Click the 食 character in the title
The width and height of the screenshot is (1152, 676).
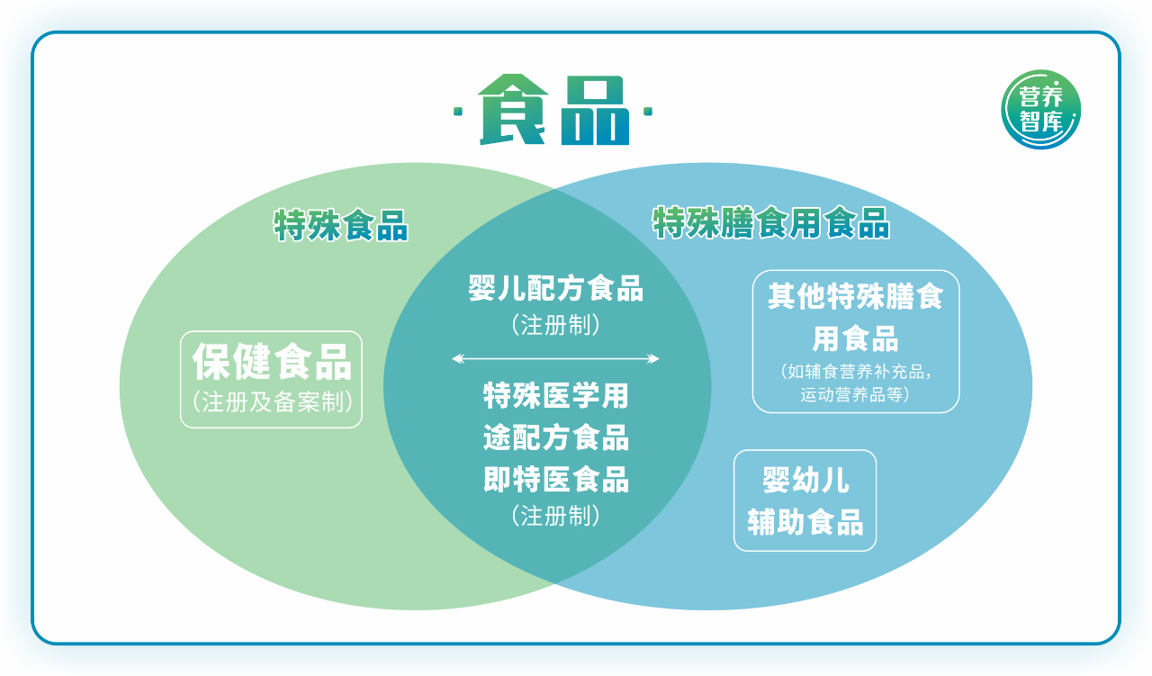point(512,111)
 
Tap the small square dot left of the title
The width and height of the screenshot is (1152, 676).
point(458,113)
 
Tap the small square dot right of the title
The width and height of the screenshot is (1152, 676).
point(648,113)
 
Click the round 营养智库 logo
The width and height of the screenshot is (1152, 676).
point(1041,110)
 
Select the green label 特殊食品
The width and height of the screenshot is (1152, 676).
point(341,225)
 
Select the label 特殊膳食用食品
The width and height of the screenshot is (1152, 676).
point(771,222)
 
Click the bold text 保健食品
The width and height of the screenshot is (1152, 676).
point(272,362)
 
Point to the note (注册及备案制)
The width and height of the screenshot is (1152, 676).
point(272,402)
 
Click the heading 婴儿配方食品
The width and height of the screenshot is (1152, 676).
point(555,290)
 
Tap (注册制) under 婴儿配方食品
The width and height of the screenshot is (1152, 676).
point(555,325)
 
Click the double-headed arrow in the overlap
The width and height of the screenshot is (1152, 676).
point(555,359)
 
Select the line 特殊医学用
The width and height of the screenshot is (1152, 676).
point(555,395)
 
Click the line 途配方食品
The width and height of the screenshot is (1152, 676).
point(555,437)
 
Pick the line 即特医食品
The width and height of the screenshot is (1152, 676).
point(555,480)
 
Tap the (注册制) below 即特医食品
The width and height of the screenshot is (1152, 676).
point(555,516)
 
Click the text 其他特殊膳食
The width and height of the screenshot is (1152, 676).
point(855,297)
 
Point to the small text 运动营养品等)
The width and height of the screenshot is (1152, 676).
point(855,394)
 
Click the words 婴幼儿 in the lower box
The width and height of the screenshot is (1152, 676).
point(805,481)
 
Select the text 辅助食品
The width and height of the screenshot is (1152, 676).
point(805,522)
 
